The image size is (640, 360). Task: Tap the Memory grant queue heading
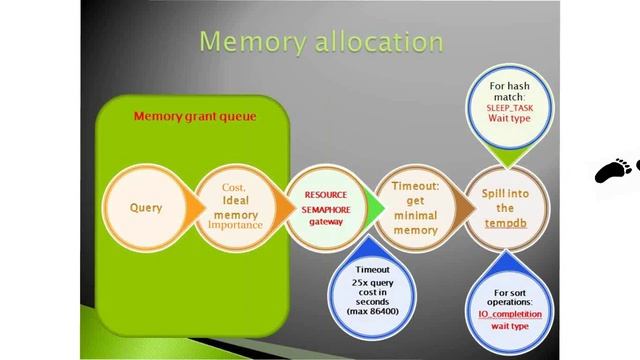pyautogui.click(x=195, y=117)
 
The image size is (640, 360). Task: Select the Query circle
pyautogui.click(x=146, y=209)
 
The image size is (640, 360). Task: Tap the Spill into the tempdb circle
pyautogui.click(x=504, y=209)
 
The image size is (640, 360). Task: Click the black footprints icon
pyautogui.click(x=616, y=170)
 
